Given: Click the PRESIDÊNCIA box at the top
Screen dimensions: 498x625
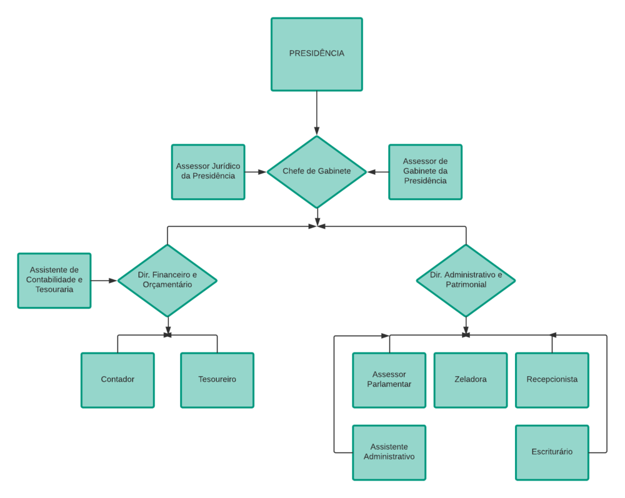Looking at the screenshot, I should pyautogui.click(x=316, y=54).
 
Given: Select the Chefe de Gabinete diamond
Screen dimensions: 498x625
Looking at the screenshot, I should pyautogui.click(x=316, y=171).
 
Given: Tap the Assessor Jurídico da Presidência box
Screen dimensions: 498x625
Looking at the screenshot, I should pyautogui.click(x=208, y=171).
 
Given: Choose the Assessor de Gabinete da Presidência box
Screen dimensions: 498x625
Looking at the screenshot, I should pyautogui.click(x=425, y=171).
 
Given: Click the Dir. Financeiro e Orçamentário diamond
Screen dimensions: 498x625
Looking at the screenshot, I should pyautogui.click(x=167, y=279).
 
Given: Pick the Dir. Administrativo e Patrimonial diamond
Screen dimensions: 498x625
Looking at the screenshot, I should pyautogui.click(x=466, y=279).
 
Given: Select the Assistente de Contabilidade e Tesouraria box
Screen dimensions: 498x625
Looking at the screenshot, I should pyautogui.click(x=54, y=280).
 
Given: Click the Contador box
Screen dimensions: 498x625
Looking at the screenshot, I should pyautogui.click(x=117, y=379).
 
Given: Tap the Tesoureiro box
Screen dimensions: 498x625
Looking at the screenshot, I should pyautogui.click(x=217, y=379).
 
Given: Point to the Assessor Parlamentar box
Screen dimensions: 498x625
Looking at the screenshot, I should pyautogui.click(x=389, y=379).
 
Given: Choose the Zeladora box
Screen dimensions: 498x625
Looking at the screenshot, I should pyautogui.click(x=470, y=379).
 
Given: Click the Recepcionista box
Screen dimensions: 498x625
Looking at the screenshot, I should pyautogui.click(x=551, y=379).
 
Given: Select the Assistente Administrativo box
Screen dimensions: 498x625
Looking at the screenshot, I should pyautogui.click(x=389, y=452).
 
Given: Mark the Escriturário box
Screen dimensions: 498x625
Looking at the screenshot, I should pyautogui.click(x=551, y=452).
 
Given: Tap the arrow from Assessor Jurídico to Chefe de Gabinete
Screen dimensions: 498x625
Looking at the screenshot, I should pyautogui.click(x=256, y=171).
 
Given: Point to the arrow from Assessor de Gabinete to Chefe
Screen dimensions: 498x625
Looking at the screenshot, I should pyautogui.click(x=377, y=171).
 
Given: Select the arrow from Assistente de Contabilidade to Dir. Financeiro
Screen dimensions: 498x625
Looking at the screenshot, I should pyautogui.click(x=104, y=281).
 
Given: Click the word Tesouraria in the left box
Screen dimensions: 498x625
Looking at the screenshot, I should pyautogui.click(x=54, y=290).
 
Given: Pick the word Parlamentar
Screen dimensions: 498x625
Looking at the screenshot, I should pyautogui.click(x=389, y=384).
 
